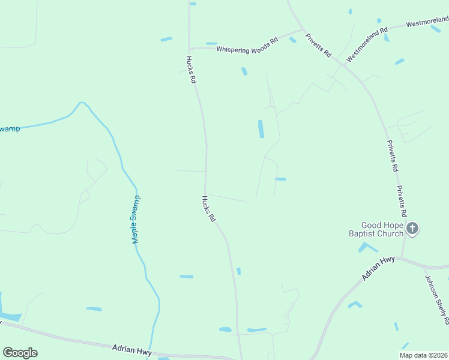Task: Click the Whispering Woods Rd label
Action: coord(247,45)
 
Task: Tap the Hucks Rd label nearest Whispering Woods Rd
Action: coord(190,69)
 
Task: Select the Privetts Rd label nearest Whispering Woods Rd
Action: coord(318,45)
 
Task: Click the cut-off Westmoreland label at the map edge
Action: coord(427,23)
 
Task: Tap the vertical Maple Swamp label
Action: coord(136,220)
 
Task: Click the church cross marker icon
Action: coord(412,228)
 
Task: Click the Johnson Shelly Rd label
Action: coord(436,296)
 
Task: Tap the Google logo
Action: coord(20,353)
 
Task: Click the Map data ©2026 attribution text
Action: coord(423,355)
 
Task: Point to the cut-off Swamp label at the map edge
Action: coord(10,129)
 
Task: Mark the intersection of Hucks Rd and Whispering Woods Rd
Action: coord(190,49)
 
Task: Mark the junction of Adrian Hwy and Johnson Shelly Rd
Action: coord(426,267)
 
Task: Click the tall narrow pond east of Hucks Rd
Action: coord(261,128)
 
